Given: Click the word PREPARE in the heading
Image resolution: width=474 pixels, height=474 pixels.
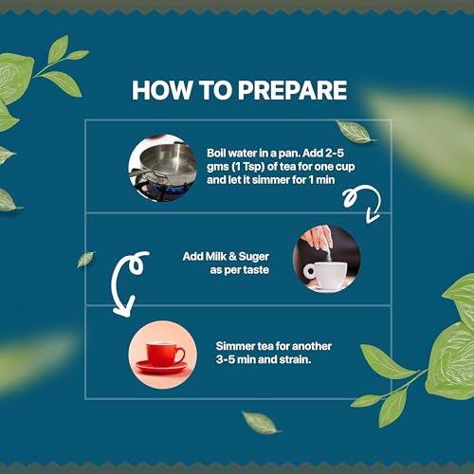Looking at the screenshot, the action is pos(292,90).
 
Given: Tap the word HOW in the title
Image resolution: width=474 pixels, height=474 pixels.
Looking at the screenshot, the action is pos(162,90).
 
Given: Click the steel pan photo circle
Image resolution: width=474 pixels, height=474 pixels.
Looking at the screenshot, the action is pos(163,168).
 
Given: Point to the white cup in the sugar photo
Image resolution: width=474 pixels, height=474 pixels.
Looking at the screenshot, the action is pos(325,275).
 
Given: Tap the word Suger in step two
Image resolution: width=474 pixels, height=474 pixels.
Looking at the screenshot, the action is pos(254,257).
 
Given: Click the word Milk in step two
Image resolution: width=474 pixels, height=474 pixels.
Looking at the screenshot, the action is pos(216,256).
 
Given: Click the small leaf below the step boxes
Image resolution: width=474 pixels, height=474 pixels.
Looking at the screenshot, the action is pos(261,423).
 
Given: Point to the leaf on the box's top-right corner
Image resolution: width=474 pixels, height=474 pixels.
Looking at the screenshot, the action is pos(355,132).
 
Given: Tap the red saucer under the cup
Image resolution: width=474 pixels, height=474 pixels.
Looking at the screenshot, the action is pos(162,367).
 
